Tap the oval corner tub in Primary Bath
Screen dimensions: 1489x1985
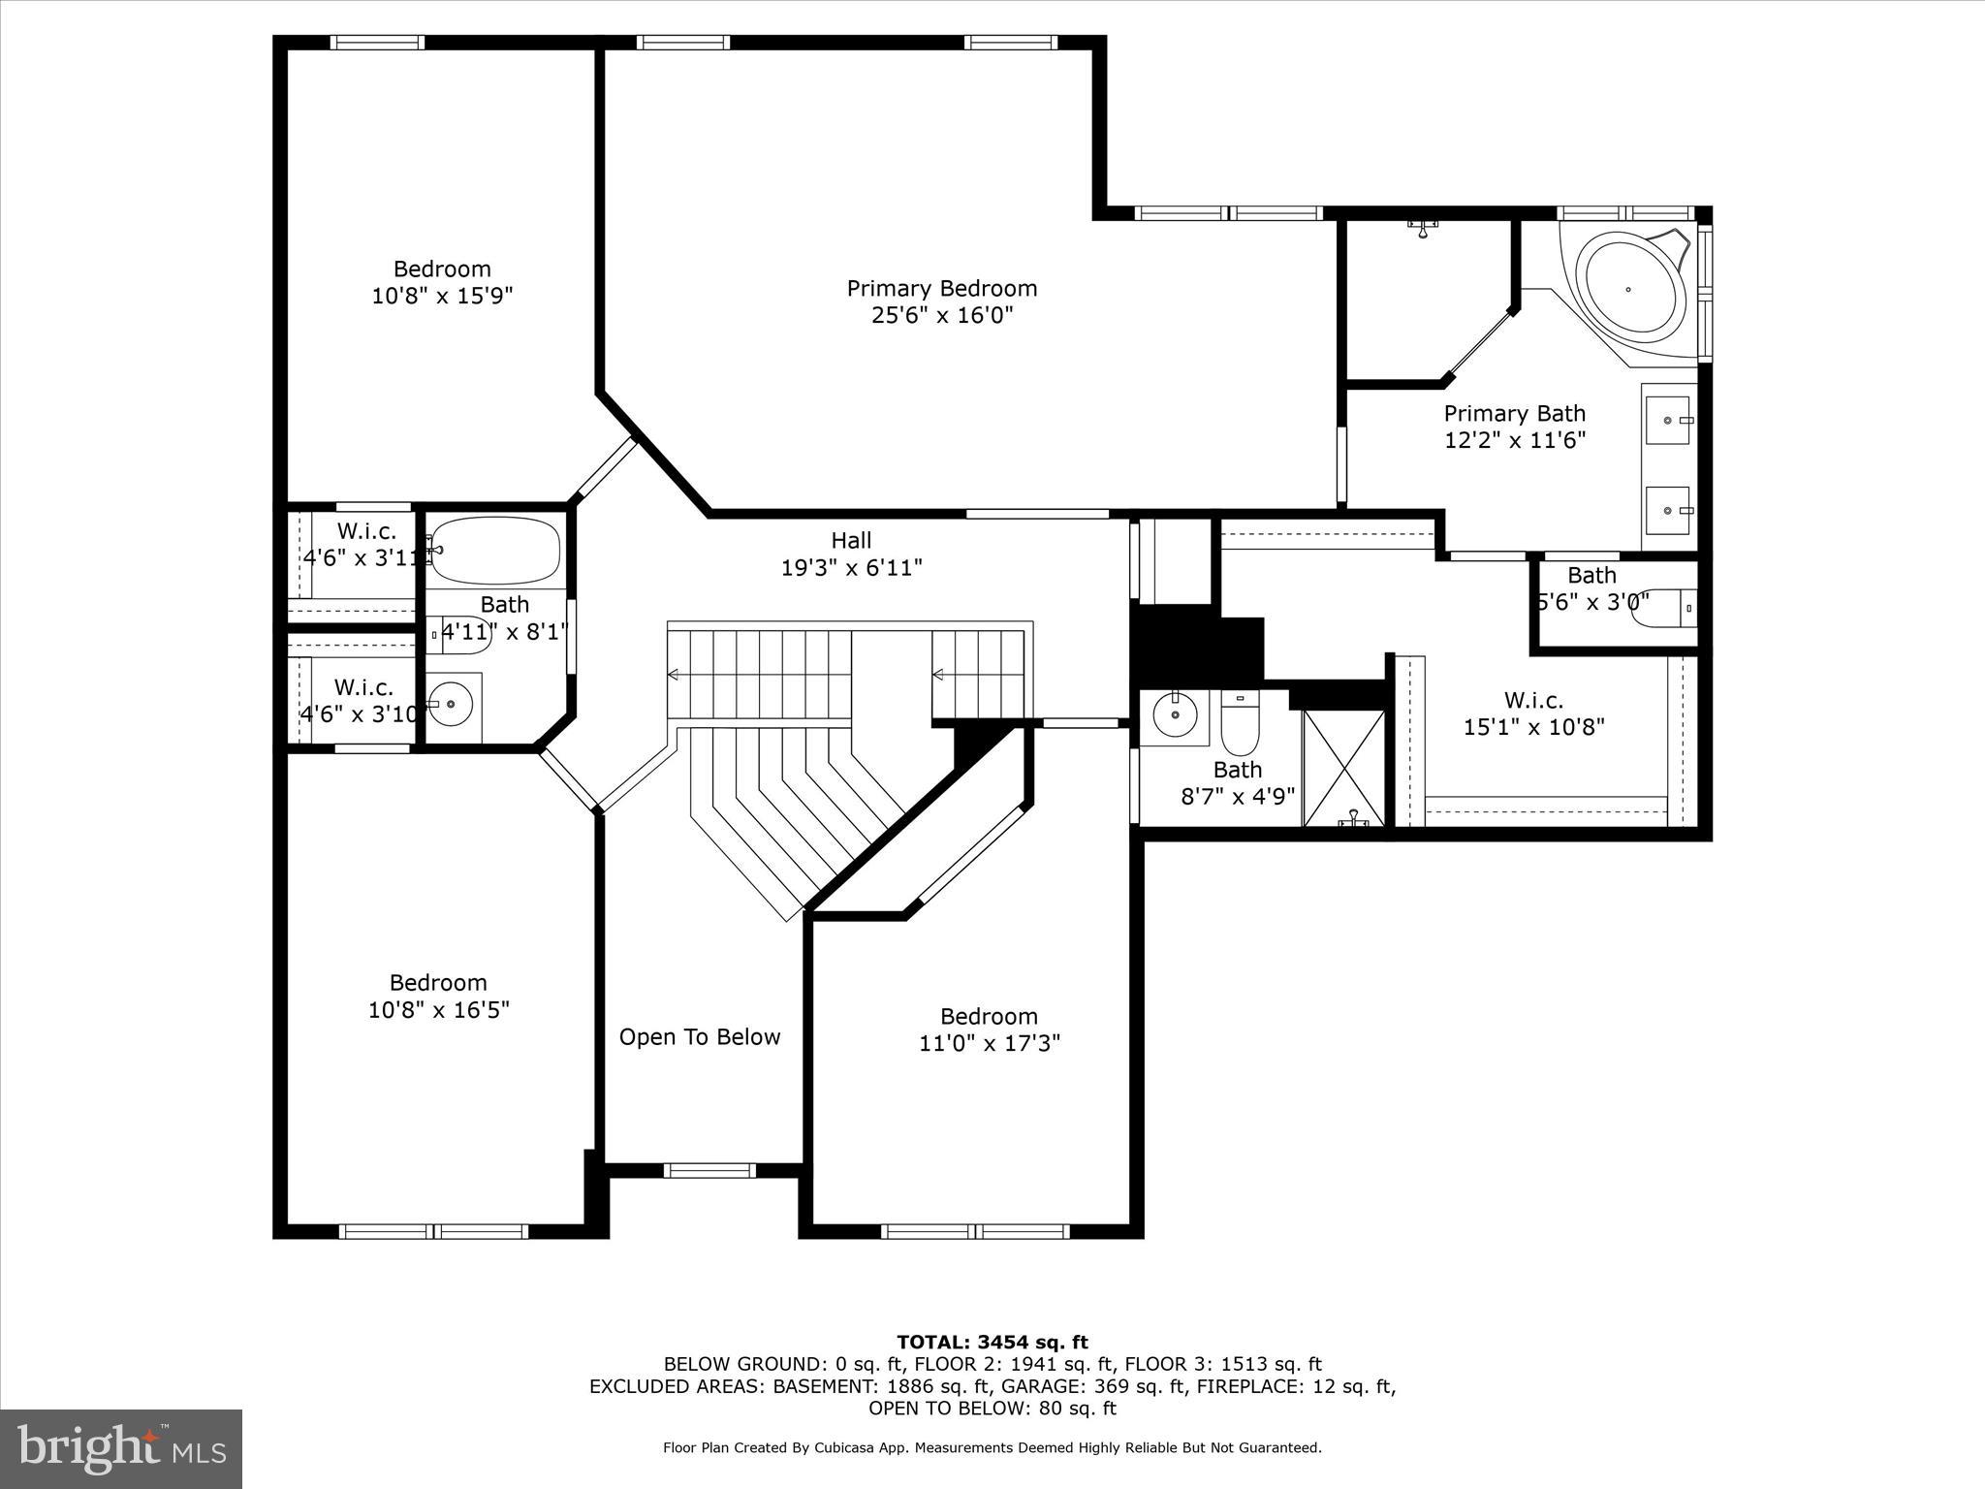click(x=1628, y=288)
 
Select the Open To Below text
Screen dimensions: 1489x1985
click(x=699, y=1037)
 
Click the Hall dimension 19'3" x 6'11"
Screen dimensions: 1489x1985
click(x=851, y=567)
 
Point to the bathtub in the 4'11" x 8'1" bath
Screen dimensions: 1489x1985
click(x=494, y=551)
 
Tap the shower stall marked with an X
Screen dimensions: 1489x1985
click(x=1343, y=767)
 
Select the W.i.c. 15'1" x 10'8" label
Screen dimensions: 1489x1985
click(x=1533, y=713)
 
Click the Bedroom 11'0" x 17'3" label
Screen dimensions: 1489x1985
click(x=989, y=1030)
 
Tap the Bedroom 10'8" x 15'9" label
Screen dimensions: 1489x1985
click(x=441, y=282)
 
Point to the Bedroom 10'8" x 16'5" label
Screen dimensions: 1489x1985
click(x=438, y=996)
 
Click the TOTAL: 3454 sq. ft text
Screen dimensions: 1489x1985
click(x=992, y=1343)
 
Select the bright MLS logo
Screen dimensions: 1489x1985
click(x=120, y=1449)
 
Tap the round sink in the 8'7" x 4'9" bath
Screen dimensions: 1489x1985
click(x=1175, y=715)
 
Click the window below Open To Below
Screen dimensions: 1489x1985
click(x=709, y=1170)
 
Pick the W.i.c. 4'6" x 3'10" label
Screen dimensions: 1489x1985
click(x=362, y=701)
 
